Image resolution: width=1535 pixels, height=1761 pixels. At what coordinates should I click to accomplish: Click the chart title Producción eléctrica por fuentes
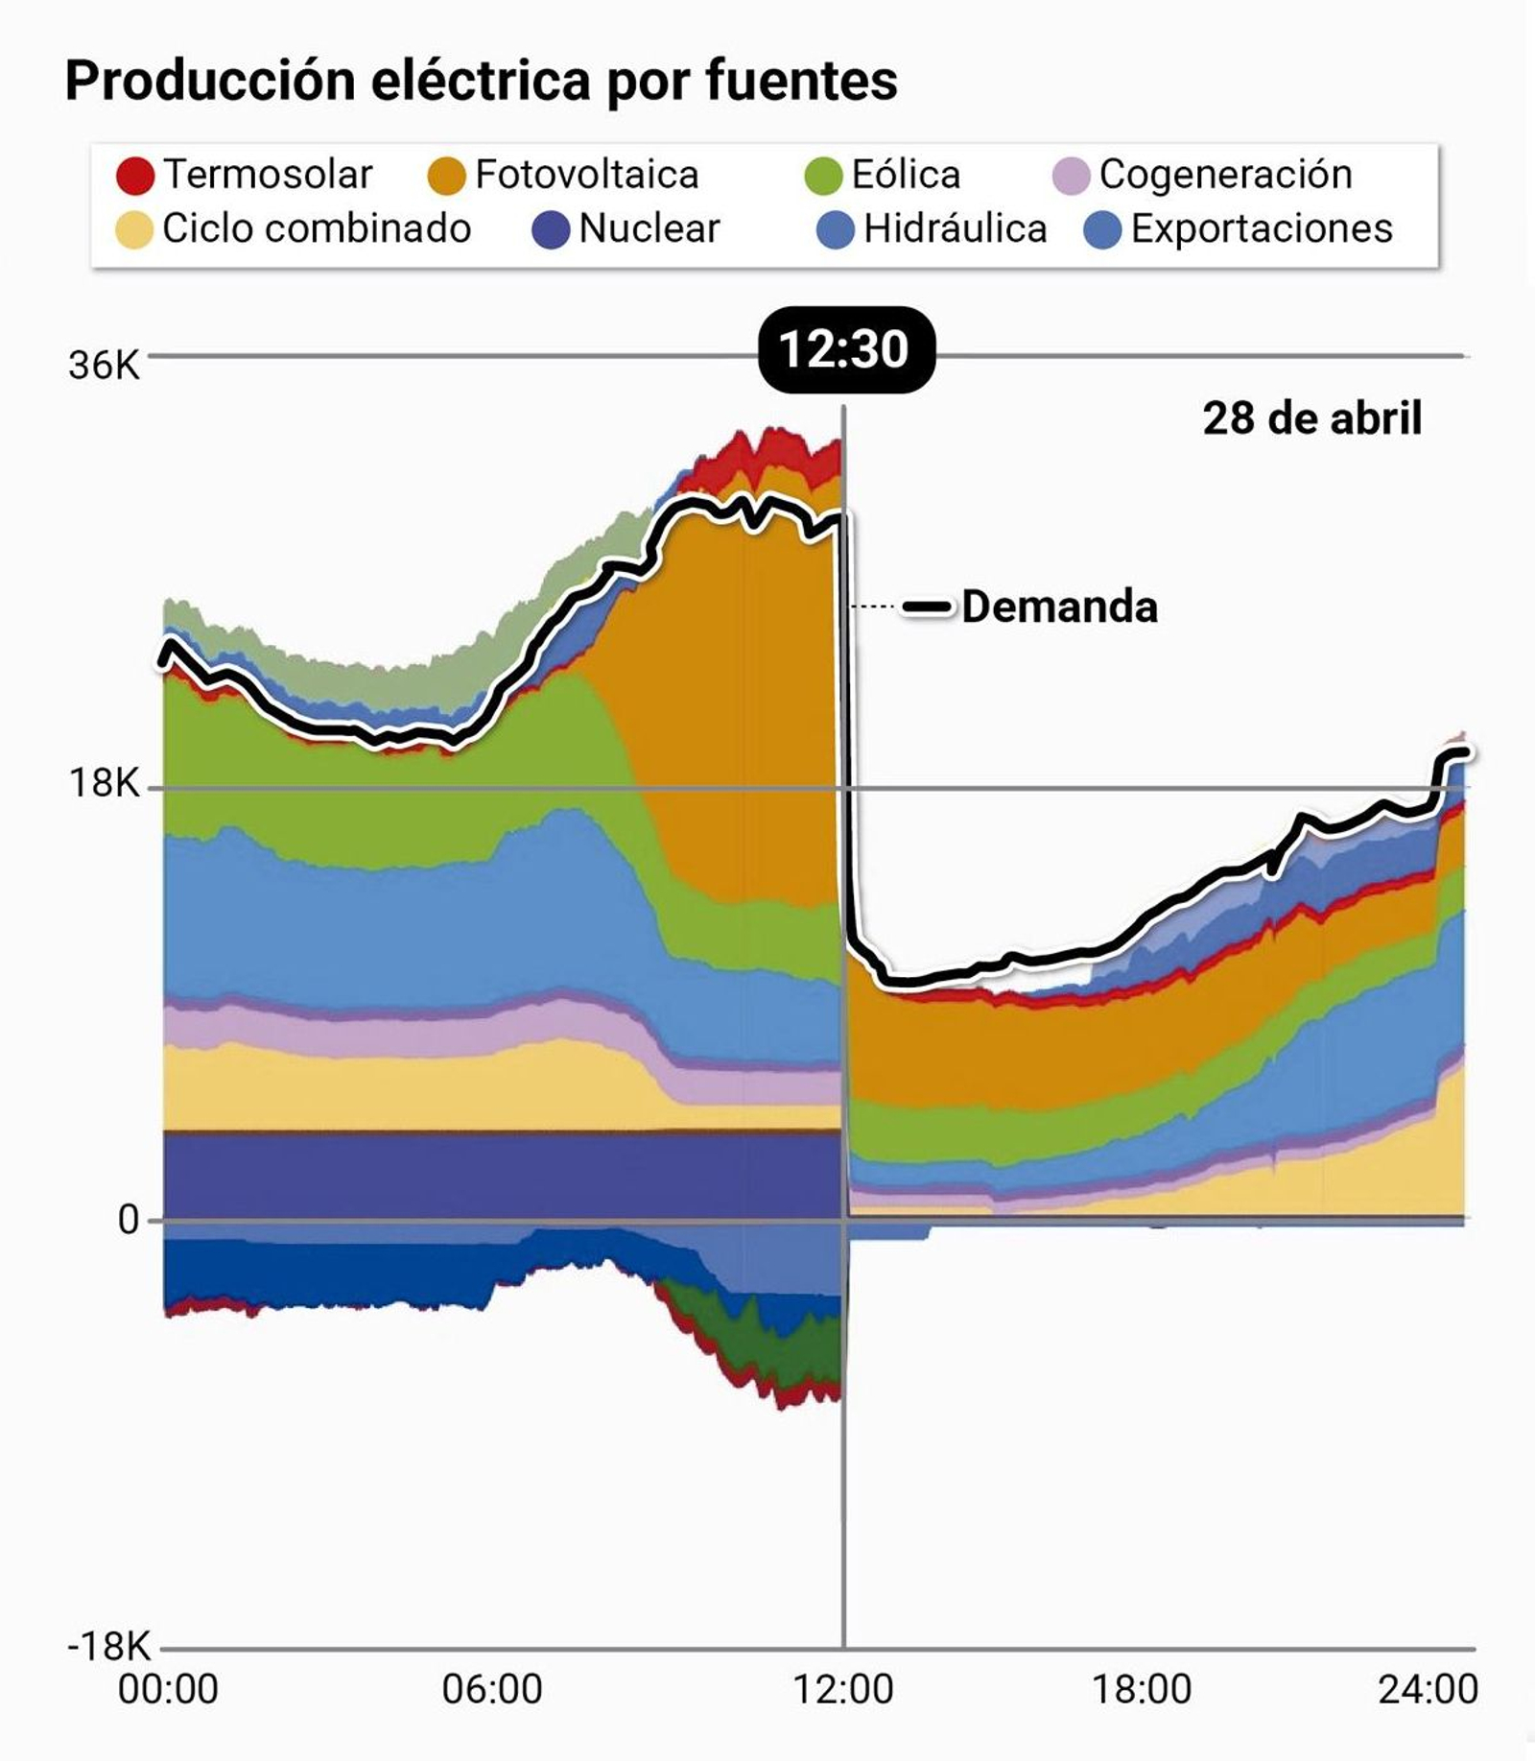(x=481, y=81)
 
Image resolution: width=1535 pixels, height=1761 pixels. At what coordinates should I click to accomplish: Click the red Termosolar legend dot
(x=135, y=176)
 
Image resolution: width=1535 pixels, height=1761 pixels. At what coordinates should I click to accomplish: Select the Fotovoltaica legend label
(x=586, y=175)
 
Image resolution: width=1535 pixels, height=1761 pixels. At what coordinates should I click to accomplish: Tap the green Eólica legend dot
(x=823, y=176)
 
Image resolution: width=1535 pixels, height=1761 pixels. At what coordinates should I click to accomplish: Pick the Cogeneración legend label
(x=1225, y=174)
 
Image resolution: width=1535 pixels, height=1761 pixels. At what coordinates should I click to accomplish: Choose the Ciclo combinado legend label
(x=317, y=228)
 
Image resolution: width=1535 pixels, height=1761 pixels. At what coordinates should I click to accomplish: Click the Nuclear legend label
(x=649, y=228)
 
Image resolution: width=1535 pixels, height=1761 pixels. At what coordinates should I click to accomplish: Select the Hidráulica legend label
(x=955, y=228)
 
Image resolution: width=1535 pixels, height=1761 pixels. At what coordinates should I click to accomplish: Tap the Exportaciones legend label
(x=1261, y=228)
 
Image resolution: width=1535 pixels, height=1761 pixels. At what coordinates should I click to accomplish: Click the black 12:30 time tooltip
(x=844, y=349)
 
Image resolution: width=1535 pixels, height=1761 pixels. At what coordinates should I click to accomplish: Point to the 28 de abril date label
(x=1311, y=418)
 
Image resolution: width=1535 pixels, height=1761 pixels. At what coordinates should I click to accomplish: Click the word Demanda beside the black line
(x=1059, y=607)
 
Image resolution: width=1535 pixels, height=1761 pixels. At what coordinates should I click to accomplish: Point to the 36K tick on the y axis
(x=104, y=366)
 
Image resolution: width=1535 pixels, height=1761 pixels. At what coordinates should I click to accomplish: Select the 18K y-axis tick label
(x=104, y=784)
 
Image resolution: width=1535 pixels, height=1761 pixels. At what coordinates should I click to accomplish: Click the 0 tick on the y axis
(x=129, y=1220)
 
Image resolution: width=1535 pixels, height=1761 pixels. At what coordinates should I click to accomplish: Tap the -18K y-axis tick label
(x=109, y=1646)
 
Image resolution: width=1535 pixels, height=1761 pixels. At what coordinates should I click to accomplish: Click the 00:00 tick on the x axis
(x=168, y=1689)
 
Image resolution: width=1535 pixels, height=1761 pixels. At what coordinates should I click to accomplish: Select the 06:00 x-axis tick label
(x=492, y=1689)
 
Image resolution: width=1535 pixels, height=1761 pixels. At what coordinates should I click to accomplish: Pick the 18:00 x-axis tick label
(x=1142, y=1689)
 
